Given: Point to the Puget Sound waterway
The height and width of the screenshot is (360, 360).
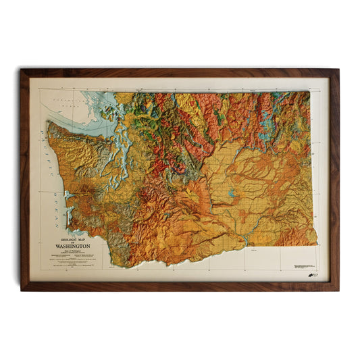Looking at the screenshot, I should pyautogui.click(x=125, y=152).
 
